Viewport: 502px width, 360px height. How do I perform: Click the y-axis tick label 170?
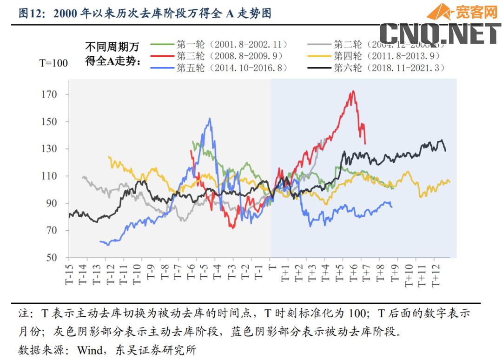(49, 94)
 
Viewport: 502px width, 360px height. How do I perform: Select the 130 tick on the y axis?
(49, 149)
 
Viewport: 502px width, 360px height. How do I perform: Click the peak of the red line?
(353, 91)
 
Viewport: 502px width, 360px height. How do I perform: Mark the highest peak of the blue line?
(210, 118)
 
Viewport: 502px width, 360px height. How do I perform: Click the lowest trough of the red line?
(232, 228)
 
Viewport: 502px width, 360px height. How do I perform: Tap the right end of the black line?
(445, 151)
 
